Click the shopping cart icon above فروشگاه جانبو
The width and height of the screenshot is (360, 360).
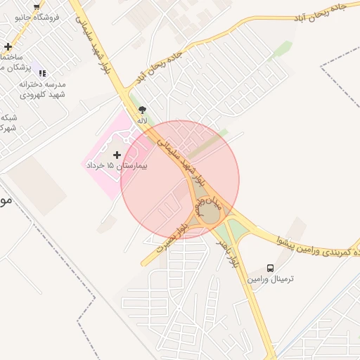tap(37, 6)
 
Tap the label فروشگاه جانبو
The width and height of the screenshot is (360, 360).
tap(37, 16)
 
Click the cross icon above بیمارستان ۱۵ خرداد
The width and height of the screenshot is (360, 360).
tap(117, 154)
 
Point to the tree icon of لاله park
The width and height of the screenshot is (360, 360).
tap(143, 110)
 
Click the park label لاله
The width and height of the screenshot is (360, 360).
tap(143, 120)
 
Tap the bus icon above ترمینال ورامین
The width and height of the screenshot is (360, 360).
tap(271, 268)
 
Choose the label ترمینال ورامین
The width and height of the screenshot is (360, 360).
tap(270, 279)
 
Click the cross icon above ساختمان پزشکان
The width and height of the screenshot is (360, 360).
tap(7, 46)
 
